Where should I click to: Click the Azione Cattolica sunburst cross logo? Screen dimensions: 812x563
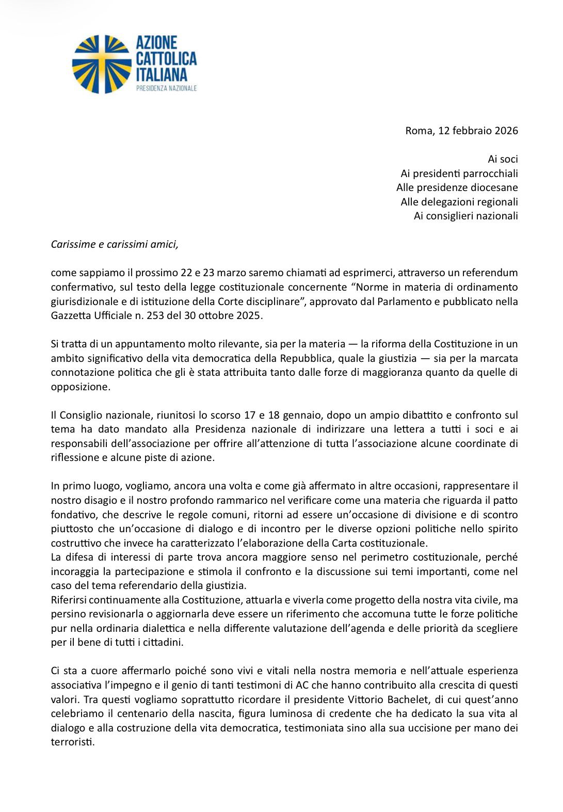102,65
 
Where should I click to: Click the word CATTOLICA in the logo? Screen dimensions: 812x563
166,58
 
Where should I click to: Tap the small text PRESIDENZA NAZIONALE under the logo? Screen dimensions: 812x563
166,88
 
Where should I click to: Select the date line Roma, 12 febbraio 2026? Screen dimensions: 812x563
461,131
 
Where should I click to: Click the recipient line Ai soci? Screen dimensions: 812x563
503,159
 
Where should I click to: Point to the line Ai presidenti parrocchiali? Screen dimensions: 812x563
459,173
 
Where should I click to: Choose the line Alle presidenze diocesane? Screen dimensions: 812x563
457,187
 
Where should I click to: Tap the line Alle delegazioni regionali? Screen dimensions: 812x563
459,202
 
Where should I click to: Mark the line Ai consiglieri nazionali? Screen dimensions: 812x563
465,216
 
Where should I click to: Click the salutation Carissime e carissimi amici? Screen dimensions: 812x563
115,244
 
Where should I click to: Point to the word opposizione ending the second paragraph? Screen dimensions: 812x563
80,387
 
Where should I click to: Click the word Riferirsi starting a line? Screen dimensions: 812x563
70,600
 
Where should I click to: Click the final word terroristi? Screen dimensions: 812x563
72,742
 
